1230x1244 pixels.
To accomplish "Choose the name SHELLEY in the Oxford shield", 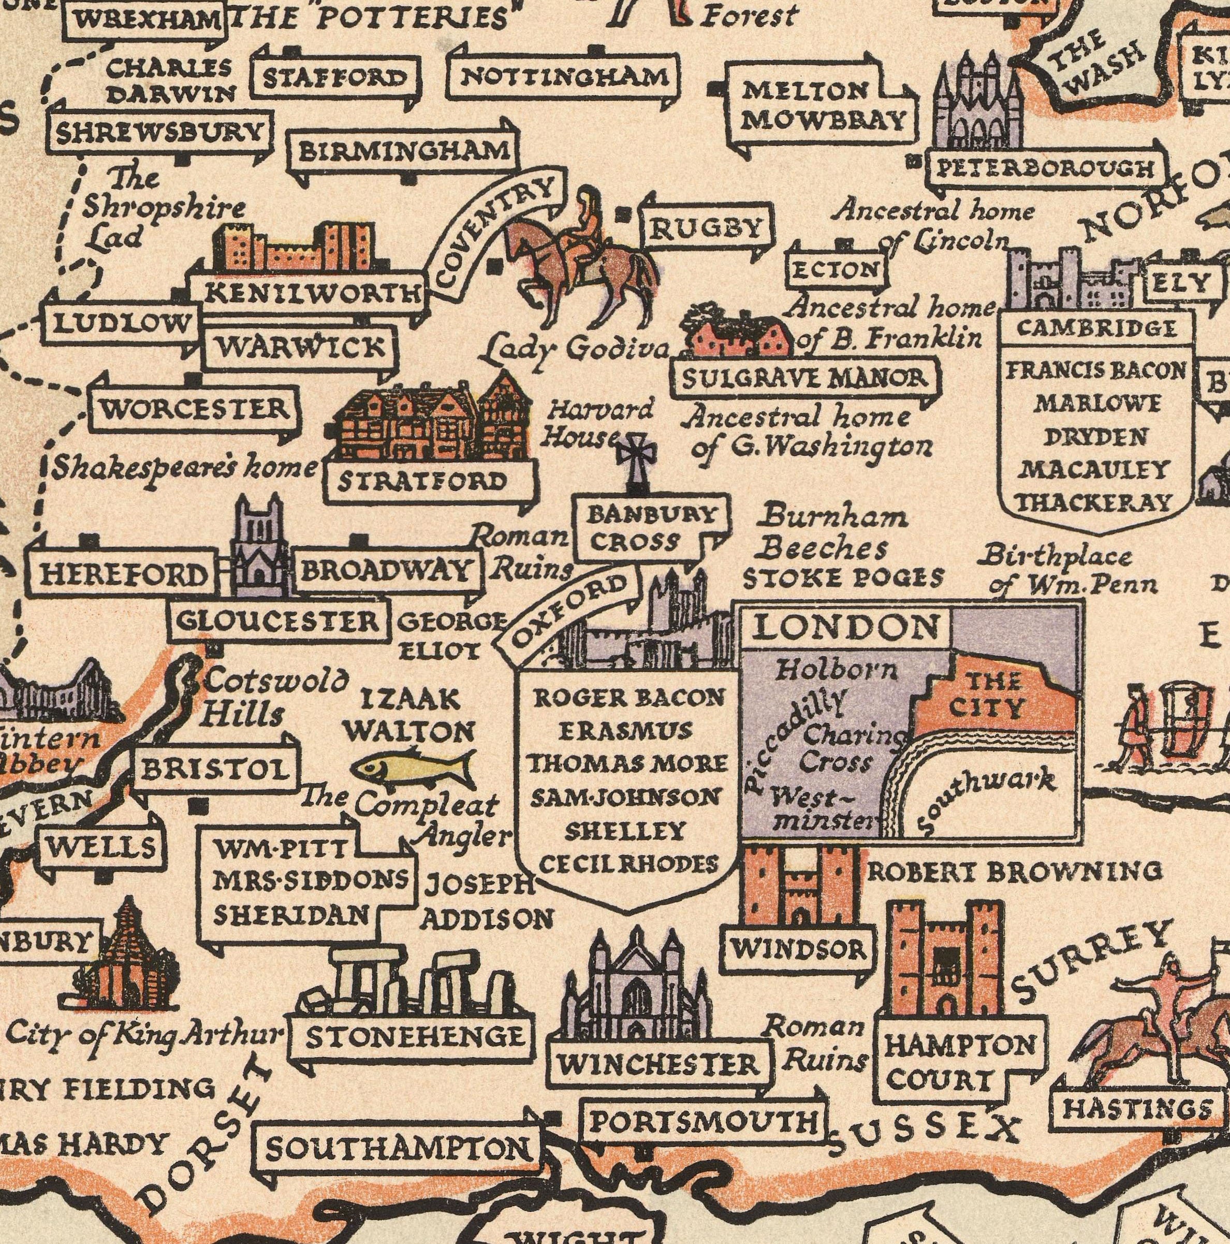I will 624,831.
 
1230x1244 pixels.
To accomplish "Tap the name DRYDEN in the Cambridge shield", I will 1095,437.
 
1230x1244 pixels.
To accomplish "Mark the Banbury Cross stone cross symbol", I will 636,460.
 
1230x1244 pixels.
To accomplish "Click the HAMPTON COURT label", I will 959,1061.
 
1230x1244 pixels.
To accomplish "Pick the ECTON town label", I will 836,270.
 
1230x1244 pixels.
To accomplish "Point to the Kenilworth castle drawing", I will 294,248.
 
